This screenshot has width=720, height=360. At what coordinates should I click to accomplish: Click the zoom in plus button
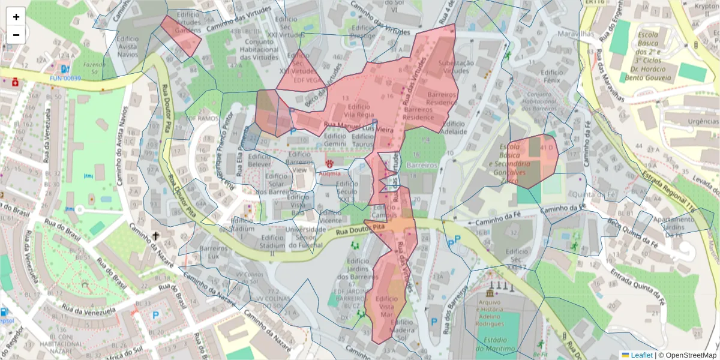coord(16,17)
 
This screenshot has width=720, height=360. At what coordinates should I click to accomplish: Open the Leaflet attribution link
coord(641,355)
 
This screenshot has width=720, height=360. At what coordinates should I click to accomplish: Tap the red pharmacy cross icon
coord(13,83)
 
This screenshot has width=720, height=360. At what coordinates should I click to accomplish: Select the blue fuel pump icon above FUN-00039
coord(64,69)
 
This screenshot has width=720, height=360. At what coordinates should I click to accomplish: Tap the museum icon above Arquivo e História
coord(491,293)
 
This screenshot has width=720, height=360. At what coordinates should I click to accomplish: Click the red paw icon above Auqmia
coord(329,163)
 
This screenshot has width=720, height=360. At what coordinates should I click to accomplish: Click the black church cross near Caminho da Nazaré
coord(156,236)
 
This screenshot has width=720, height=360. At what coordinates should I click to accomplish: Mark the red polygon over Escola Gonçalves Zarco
coord(532,160)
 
